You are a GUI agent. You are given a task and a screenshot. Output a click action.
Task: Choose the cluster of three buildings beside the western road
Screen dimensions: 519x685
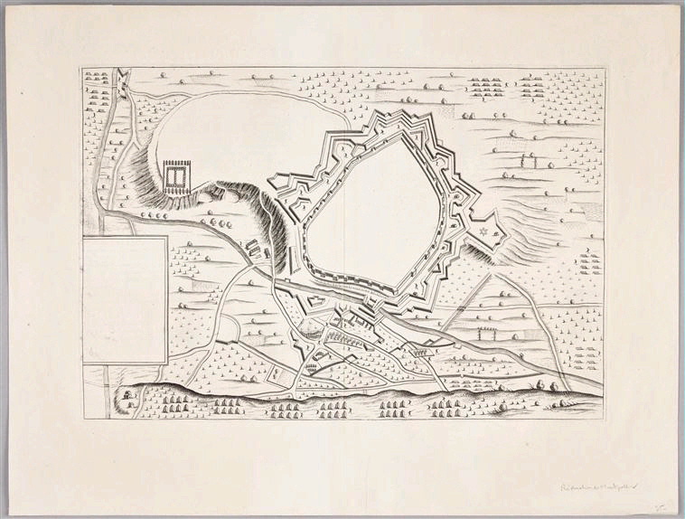click(x=257, y=246)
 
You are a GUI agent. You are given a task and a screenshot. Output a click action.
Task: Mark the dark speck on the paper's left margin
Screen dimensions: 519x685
click(x=19, y=92)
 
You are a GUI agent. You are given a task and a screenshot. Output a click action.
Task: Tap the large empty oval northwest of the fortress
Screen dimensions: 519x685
click(x=244, y=136)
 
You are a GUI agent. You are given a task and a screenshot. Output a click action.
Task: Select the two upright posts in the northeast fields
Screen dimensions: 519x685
click(x=527, y=163)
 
